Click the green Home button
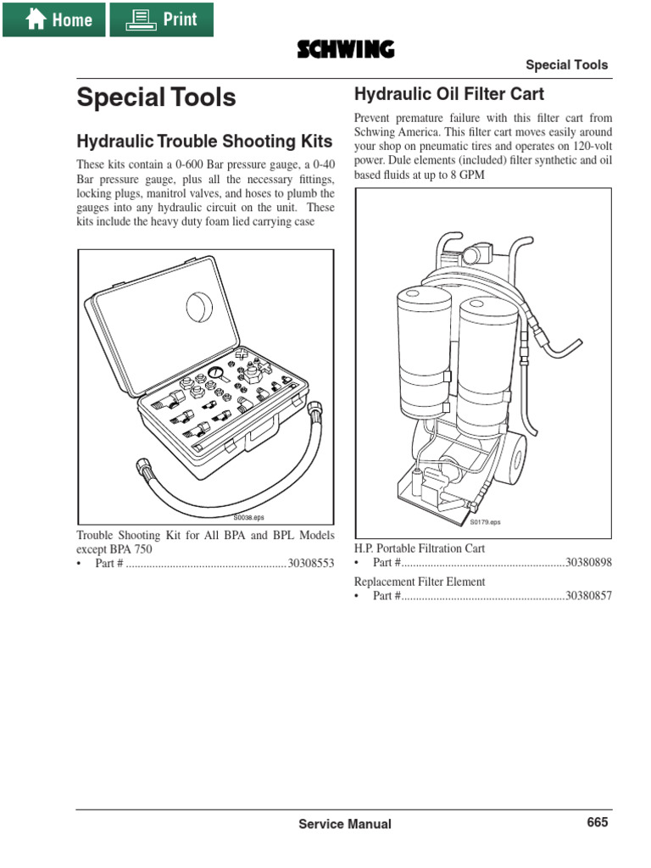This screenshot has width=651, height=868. tap(54, 19)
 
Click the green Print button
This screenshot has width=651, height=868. tap(161, 19)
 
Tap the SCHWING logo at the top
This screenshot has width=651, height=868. tap(345, 51)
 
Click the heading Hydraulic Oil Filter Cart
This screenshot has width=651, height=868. tap(448, 93)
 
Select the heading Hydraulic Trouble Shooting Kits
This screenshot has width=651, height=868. tap(204, 140)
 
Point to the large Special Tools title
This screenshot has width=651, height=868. tap(156, 97)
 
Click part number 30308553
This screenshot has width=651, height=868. tap(311, 564)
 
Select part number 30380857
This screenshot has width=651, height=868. tap(588, 597)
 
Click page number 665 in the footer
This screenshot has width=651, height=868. tap(597, 822)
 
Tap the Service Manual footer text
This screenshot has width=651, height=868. tap(345, 824)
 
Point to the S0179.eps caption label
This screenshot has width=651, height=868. tap(486, 522)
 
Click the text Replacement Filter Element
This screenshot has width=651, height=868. tap(420, 581)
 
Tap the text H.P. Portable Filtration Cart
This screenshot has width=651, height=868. tap(420, 548)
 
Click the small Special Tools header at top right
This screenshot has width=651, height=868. tap(566, 65)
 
